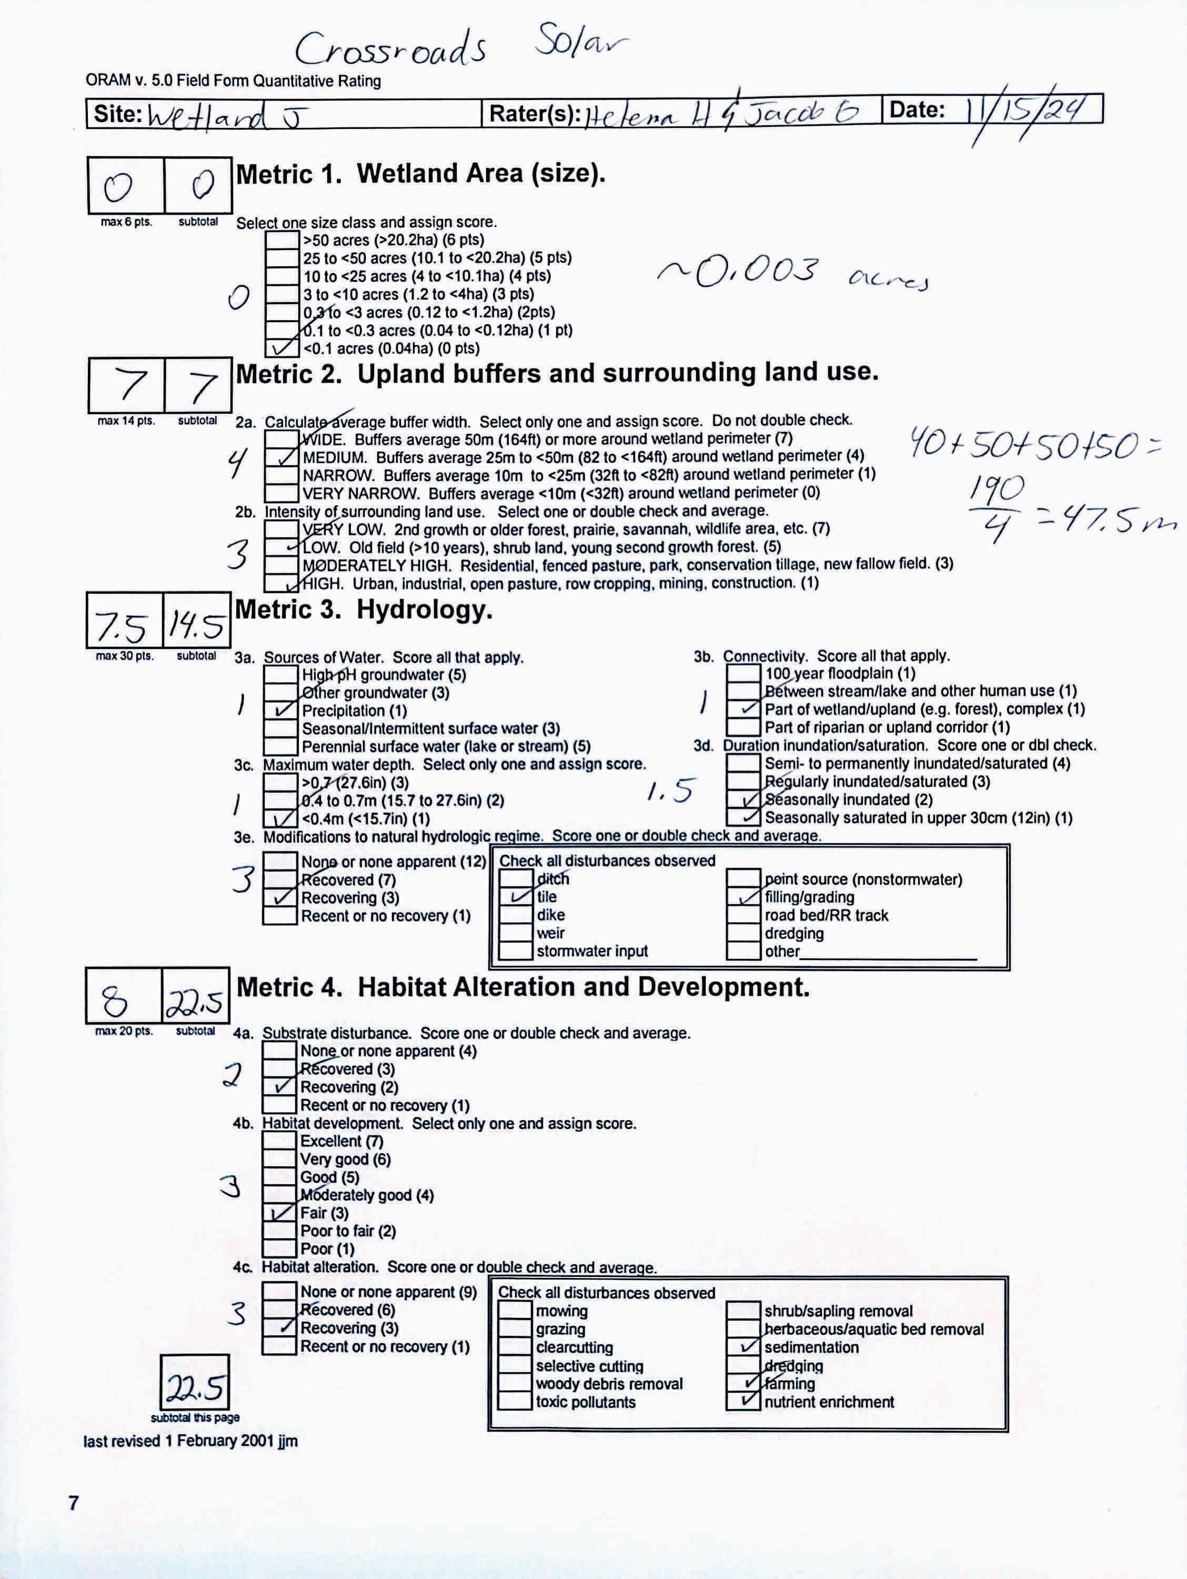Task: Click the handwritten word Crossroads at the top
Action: click(391, 50)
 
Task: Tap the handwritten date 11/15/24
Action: click(1028, 112)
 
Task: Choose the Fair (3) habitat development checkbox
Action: click(279, 1213)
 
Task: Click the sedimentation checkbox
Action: click(743, 1348)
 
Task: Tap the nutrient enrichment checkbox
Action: click(743, 1402)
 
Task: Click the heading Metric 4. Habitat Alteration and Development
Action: click(522, 987)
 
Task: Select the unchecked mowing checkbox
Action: click(515, 1311)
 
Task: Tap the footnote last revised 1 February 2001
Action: click(190, 1441)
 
